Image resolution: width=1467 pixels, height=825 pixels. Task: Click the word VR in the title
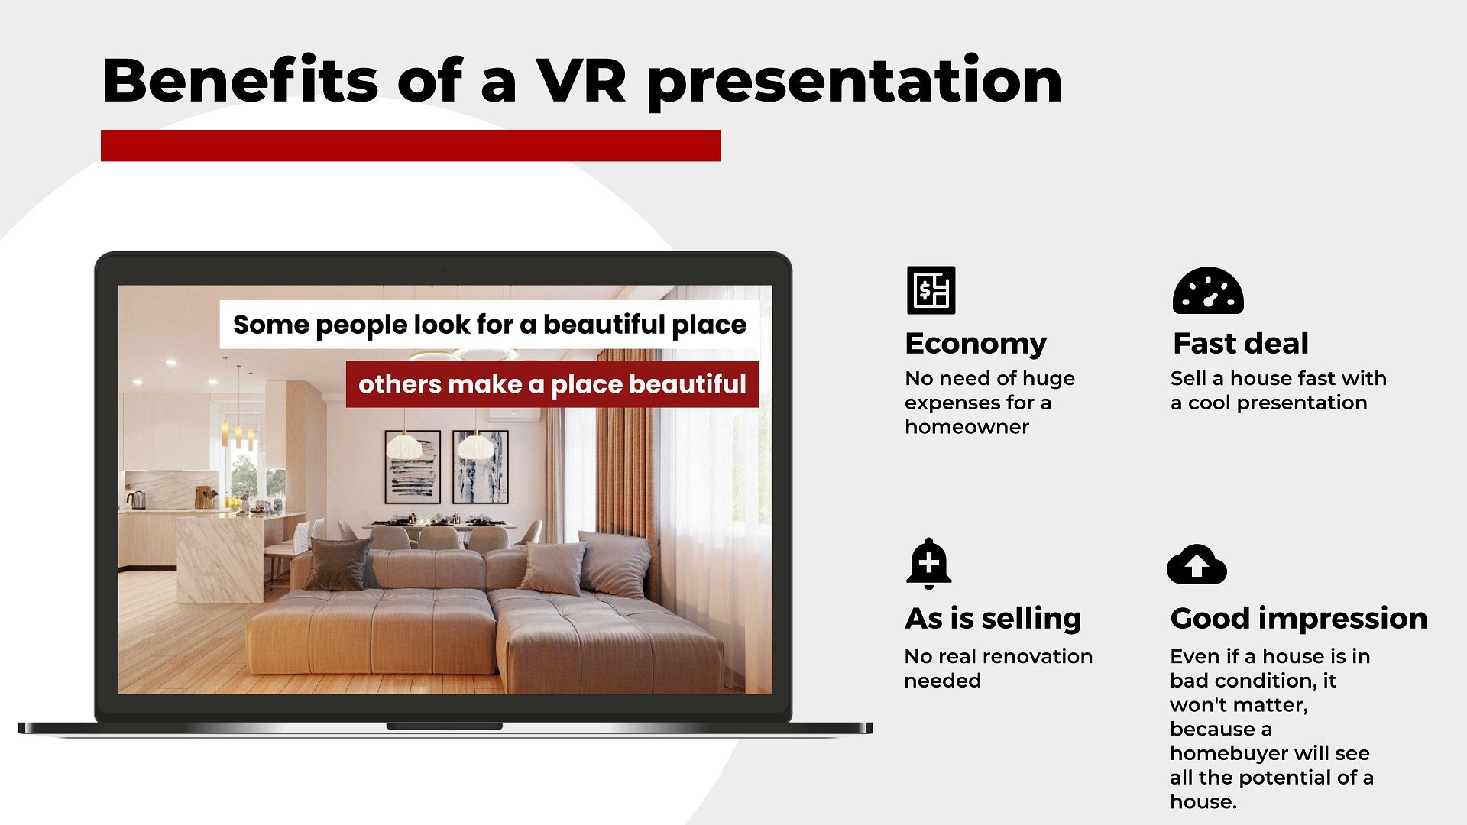[581, 81]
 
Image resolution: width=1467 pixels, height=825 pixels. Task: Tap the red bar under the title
[410, 145]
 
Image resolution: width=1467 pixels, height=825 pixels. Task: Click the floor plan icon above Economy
[931, 290]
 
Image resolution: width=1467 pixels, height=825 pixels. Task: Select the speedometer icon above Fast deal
[1208, 291]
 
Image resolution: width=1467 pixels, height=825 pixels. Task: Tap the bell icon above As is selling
[928, 564]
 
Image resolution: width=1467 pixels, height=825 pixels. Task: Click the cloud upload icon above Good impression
[1197, 565]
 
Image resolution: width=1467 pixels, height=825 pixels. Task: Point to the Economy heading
[976, 344]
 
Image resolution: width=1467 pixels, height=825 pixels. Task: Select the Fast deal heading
[1241, 344]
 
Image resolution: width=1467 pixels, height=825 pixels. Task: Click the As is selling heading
[993, 618]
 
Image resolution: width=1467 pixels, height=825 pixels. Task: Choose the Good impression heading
[1298, 618]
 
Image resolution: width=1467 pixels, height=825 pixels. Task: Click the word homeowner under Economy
[967, 426]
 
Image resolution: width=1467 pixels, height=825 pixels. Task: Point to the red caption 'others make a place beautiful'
[552, 384]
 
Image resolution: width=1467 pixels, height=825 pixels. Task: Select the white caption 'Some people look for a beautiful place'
[489, 325]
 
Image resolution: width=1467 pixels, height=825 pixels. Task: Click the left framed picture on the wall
[413, 467]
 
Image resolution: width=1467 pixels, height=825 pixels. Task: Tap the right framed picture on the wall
[480, 467]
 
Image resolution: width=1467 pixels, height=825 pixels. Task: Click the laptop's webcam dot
[442, 270]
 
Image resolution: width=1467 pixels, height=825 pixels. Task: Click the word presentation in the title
[854, 81]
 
